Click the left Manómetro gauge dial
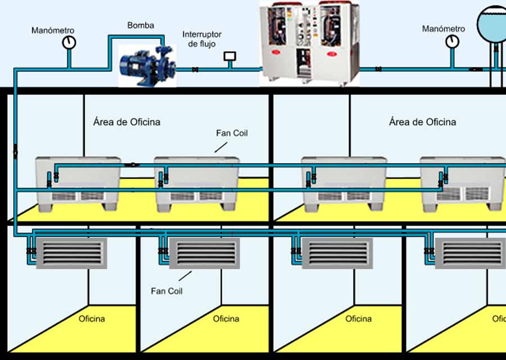click(x=69, y=42)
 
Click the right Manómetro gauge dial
click(x=452, y=41)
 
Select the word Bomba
click(x=141, y=26)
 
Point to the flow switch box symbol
click(x=229, y=56)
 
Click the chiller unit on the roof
click(x=309, y=43)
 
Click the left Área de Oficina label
click(x=126, y=122)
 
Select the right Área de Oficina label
click(x=422, y=122)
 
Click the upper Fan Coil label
click(x=232, y=133)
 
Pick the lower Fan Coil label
click(x=167, y=291)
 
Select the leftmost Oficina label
click(x=92, y=319)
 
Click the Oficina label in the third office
click(x=359, y=319)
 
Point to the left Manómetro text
click(x=53, y=30)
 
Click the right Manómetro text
click(x=444, y=29)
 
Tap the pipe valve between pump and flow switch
click(x=195, y=70)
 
